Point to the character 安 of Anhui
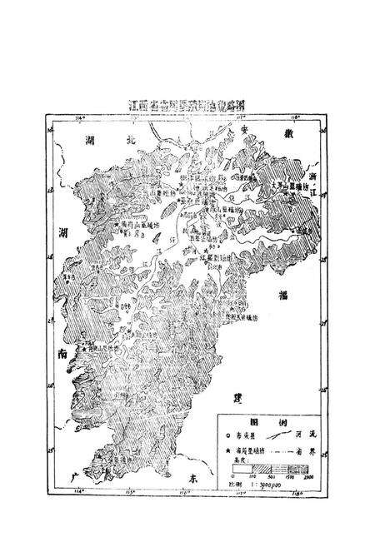coord(243,131)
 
